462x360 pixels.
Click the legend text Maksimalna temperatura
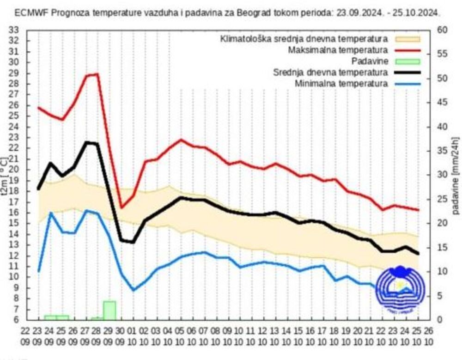[337, 49]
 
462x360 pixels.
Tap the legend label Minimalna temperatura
[340, 84]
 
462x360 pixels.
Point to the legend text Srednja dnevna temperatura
[330, 72]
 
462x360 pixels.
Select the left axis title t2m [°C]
[4, 175]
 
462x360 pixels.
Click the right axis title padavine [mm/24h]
[456, 175]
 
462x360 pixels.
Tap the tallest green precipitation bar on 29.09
[109, 310]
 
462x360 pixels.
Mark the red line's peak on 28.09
[97, 74]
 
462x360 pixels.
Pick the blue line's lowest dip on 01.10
[134, 290]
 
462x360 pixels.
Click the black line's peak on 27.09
[86, 142]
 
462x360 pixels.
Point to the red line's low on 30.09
[122, 208]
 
